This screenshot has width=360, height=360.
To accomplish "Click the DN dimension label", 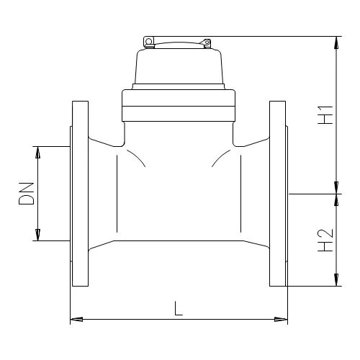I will click(27, 193).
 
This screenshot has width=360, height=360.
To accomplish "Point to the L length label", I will click(179, 308).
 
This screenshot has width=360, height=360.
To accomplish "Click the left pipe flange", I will click(78, 193).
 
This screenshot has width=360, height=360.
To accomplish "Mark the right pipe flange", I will click(278, 193).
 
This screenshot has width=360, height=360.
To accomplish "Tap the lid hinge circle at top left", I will click(149, 42).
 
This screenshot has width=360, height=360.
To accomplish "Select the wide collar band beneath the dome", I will click(179, 105).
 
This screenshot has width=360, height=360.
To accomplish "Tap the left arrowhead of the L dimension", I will click(75, 318).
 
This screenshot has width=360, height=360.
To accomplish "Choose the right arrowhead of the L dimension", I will click(282, 318).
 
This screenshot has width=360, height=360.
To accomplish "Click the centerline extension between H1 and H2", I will click(313, 193).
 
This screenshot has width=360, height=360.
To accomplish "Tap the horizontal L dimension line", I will click(130, 318).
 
